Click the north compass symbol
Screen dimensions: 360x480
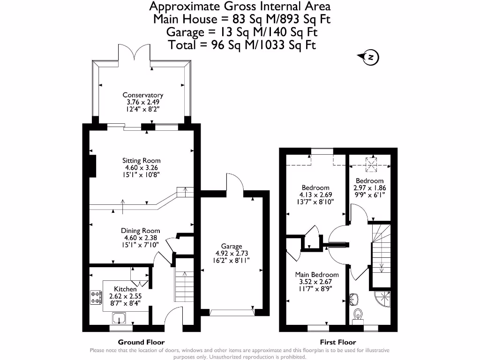[x=370, y=57]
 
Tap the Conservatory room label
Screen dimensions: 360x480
[x=143, y=95]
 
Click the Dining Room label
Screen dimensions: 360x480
[x=141, y=231]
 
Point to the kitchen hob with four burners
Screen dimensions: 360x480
[x=96, y=297]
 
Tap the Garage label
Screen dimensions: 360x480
[x=232, y=246]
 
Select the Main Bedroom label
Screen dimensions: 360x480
[x=316, y=275]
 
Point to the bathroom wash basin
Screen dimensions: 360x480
[x=355, y=298]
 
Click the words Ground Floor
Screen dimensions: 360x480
[x=141, y=342]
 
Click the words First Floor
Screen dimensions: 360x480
[x=338, y=342]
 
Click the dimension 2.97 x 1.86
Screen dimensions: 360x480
[x=369, y=188]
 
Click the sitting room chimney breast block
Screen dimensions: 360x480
[x=93, y=166]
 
